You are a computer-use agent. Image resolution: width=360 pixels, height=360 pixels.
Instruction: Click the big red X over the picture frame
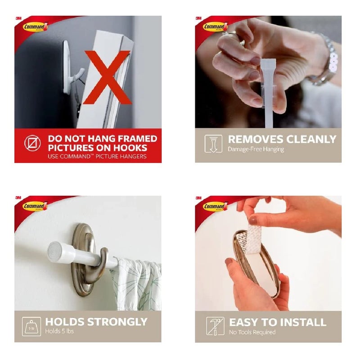[108, 77]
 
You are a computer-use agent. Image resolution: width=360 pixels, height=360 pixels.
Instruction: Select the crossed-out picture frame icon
[32, 143]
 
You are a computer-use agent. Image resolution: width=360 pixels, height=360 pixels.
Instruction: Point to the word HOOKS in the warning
[130, 148]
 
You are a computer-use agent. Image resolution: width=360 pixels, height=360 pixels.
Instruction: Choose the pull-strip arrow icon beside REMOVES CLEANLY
[213, 144]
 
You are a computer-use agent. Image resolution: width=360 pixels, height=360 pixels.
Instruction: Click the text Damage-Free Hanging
[256, 149]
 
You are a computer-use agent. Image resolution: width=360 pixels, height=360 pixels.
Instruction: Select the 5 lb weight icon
[31, 327]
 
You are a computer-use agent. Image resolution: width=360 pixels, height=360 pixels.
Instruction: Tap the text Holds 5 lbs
[59, 331]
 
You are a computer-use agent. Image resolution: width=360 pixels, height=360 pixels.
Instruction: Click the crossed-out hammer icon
[215, 326]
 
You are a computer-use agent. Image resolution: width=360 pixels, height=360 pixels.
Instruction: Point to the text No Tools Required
[252, 332]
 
